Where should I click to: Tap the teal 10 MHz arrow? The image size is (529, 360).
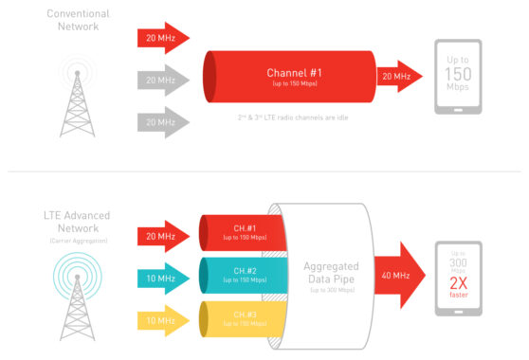pyautogui.click(x=162, y=277)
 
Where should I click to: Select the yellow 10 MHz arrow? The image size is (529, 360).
pyautogui.click(x=162, y=321)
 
